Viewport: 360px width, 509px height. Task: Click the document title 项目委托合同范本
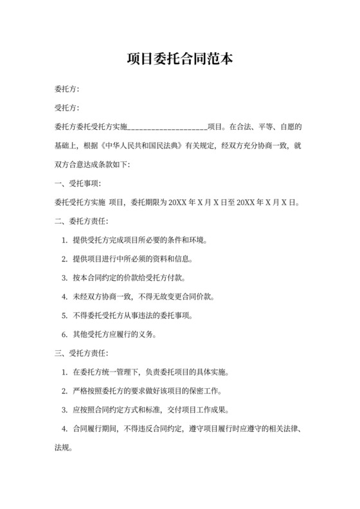click(179, 60)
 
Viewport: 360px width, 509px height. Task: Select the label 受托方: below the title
click(67, 108)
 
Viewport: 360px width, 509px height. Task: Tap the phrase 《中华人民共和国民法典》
click(147, 146)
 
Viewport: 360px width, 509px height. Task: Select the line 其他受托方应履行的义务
click(120, 334)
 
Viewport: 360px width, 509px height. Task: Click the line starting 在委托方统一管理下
click(152, 371)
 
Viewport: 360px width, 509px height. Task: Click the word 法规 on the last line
click(62, 447)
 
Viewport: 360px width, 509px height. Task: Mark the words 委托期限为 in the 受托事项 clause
click(148, 202)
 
